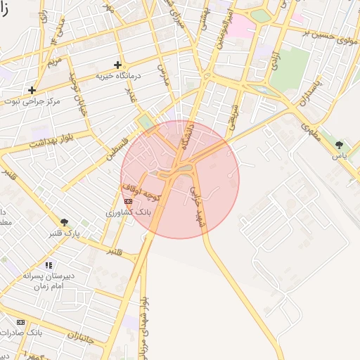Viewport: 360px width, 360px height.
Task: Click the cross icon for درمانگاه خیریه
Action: (x=118, y=65)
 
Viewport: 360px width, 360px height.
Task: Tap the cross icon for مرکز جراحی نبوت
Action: (x=32, y=90)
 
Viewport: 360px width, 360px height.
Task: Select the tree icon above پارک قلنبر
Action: (x=65, y=221)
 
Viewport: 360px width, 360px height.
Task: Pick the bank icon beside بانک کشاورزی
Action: (x=128, y=201)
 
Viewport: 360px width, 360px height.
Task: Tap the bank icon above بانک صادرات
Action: (x=20, y=321)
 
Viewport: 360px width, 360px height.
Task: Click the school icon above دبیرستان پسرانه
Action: (x=49, y=265)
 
